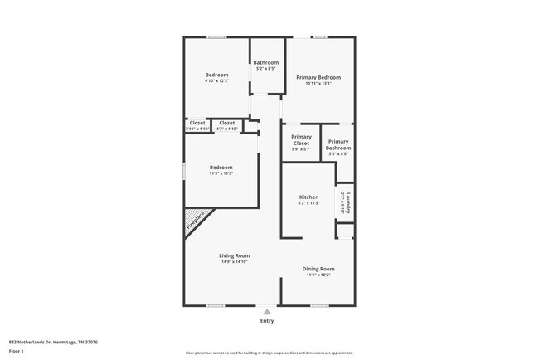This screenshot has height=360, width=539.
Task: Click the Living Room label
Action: (235, 255)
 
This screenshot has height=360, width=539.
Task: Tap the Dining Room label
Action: (319, 269)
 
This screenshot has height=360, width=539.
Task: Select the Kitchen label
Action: (308, 197)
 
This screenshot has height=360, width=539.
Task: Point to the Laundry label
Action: (348, 202)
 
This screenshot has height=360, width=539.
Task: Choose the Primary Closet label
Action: (301, 139)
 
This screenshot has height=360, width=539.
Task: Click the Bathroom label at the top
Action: (266, 63)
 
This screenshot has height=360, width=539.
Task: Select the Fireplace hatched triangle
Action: (196, 221)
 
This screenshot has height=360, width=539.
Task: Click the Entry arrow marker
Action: (267, 311)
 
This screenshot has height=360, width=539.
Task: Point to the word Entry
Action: (267, 320)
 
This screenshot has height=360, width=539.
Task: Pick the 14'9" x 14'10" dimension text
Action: (235, 262)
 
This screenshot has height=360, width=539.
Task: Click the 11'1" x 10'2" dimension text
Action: (319, 275)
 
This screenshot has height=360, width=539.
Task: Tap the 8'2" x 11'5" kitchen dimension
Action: (308, 203)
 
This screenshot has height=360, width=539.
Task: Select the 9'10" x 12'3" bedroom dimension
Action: (216, 80)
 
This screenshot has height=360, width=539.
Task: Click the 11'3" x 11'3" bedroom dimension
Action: (221, 173)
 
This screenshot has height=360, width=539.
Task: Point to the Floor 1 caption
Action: (17, 351)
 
